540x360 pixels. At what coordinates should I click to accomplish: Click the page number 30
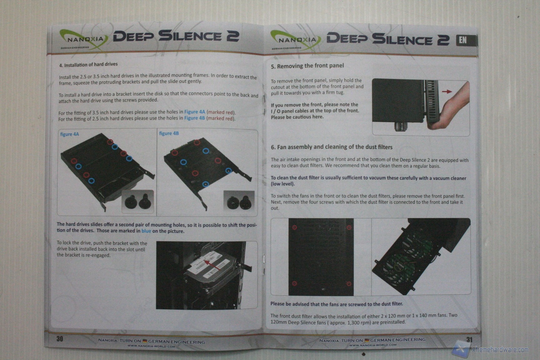[x=60, y=339]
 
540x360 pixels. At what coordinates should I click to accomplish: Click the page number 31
[x=469, y=340]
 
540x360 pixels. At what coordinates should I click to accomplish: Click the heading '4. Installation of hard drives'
[x=88, y=65]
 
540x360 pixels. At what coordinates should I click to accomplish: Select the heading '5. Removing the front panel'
[x=307, y=66]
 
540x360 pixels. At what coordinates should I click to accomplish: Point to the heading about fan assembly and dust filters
[x=332, y=147]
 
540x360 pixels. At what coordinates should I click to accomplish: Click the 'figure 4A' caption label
[x=69, y=134]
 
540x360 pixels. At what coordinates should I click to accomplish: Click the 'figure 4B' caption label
[x=169, y=133]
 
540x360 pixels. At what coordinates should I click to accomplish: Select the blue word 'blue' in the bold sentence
[x=146, y=231]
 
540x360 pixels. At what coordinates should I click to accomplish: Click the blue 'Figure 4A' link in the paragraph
[x=194, y=112]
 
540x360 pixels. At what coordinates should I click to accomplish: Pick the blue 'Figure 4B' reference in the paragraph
[x=194, y=118]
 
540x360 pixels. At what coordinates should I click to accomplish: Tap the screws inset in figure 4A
[x=137, y=201]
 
